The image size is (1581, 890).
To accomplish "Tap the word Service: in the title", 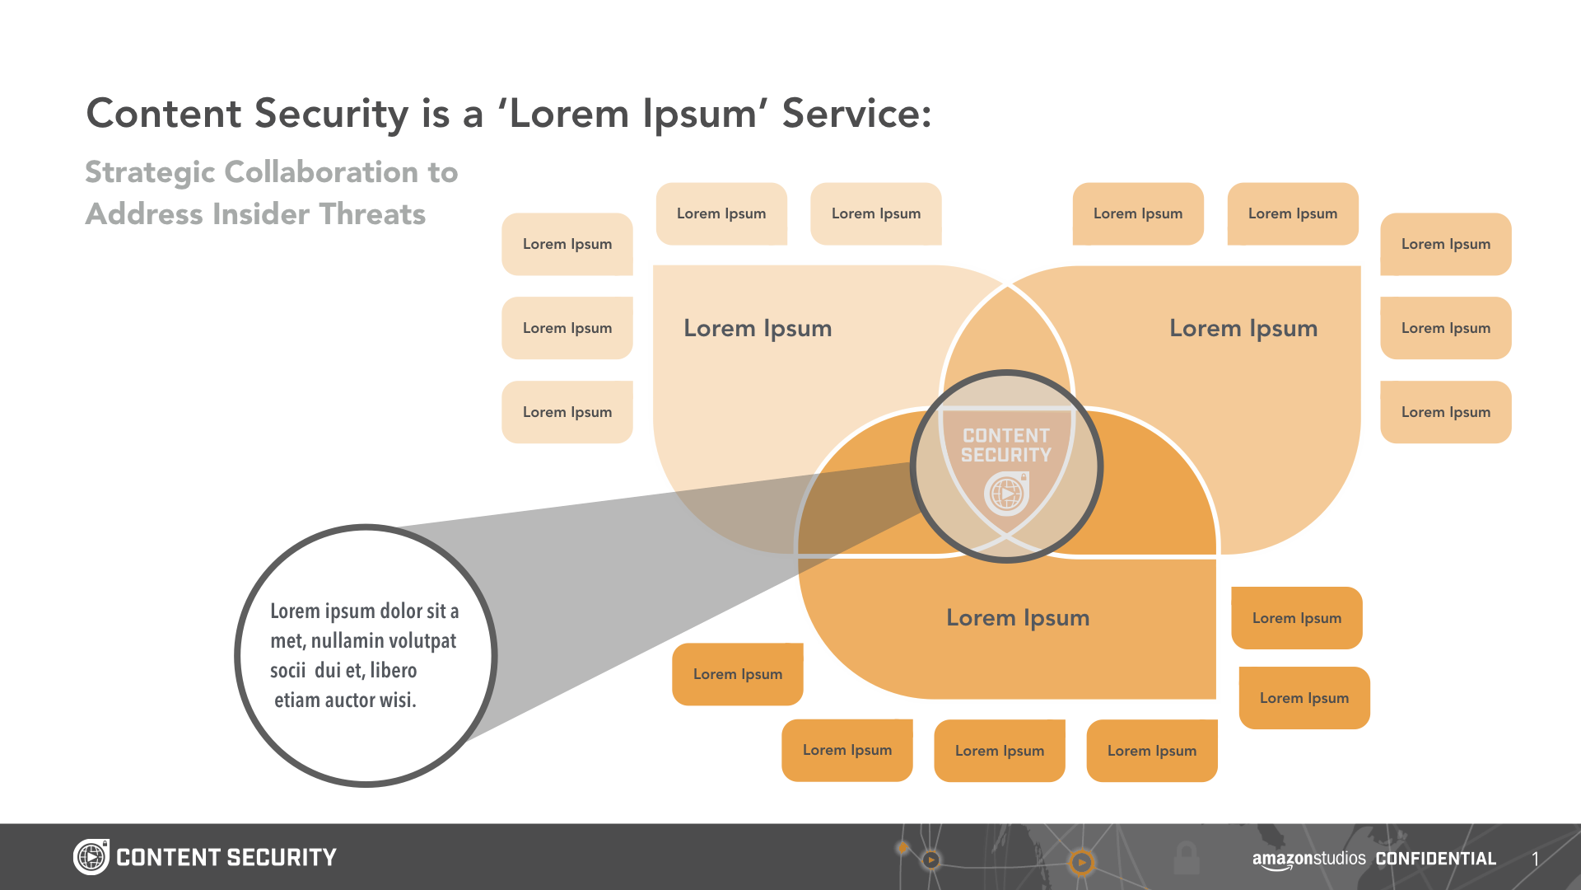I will (x=856, y=114).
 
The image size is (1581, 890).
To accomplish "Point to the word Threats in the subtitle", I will (x=372, y=214).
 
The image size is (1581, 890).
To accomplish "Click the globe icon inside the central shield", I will (x=1006, y=494).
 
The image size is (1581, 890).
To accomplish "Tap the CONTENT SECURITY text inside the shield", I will (x=1006, y=445).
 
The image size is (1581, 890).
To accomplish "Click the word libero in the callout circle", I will (x=394, y=671).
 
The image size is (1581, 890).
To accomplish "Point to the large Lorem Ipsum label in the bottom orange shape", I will (x=1018, y=618).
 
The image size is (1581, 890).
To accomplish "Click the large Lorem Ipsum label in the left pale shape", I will (x=758, y=328).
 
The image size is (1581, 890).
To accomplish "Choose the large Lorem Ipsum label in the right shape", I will (x=1243, y=328).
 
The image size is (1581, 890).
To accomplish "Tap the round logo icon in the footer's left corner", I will (x=91, y=857).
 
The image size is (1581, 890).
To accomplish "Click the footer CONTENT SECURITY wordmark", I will (x=226, y=858).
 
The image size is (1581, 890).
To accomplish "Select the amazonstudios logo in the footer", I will (x=1308, y=859).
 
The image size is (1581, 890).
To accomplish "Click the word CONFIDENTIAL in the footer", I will (x=1435, y=859).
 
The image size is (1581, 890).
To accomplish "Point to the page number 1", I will (x=1535, y=859).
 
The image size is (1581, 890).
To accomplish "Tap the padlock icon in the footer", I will (x=1186, y=858).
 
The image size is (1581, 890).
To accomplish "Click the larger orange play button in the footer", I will (x=1081, y=862).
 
